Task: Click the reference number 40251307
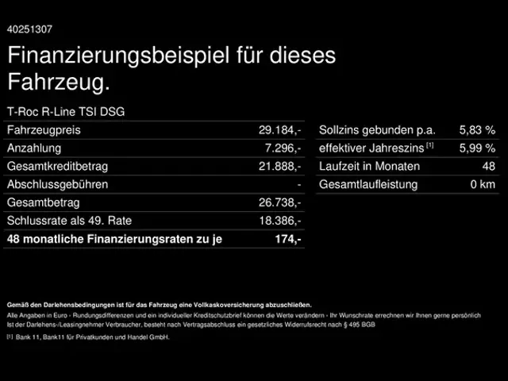click(x=30, y=29)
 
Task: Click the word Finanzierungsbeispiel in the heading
click(x=119, y=56)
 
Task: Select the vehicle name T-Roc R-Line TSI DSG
click(x=65, y=112)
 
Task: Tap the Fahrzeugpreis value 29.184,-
click(x=280, y=130)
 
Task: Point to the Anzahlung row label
click(x=33, y=148)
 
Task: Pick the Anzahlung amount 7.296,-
click(x=283, y=148)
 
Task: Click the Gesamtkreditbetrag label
click(x=57, y=167)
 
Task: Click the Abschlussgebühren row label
click(x=57, y=185)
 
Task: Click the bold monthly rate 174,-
click(x=287, y=239)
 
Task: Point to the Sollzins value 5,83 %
click(x=477, y=130)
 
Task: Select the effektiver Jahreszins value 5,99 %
click(x=477, y=148)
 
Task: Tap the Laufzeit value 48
click(x=488, y=167)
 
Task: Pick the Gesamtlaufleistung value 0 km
click(x=483, y=185)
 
